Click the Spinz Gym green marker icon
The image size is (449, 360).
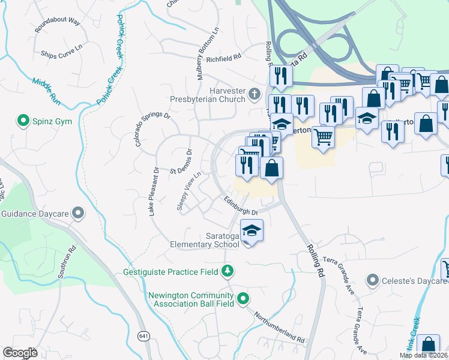tap(24, 121)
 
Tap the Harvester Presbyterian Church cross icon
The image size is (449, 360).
tap(254, 94)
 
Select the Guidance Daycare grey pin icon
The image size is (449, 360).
tap(77, 213)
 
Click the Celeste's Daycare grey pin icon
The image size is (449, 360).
tap(373, 280)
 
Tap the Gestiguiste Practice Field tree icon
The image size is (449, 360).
tap(228, 272)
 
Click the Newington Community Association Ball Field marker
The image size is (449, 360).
tap(243, 298)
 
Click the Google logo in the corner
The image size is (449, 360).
tap(20, 353)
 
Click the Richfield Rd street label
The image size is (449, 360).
tap(223, 59)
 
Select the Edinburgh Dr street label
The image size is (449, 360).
tap(241, 207)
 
